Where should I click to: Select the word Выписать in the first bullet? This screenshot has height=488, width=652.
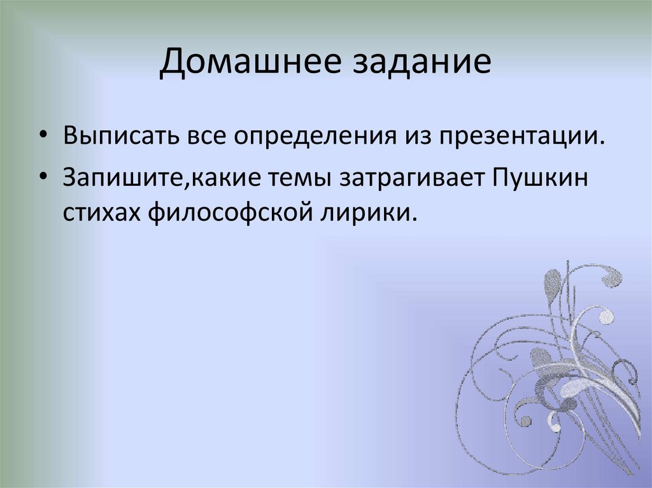[120, 137]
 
